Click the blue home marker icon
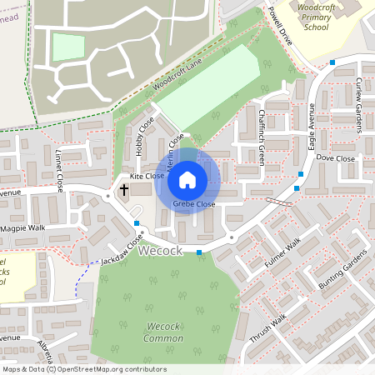pos(187,179)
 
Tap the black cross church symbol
pos(124,190)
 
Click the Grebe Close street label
pos(194,204)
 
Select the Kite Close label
pos(147,177)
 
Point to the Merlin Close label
pos(175,152)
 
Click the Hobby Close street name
pos(144,134)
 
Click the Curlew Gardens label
pos(360,105)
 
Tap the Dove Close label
pos(336,157)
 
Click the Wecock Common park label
pos(164,331)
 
